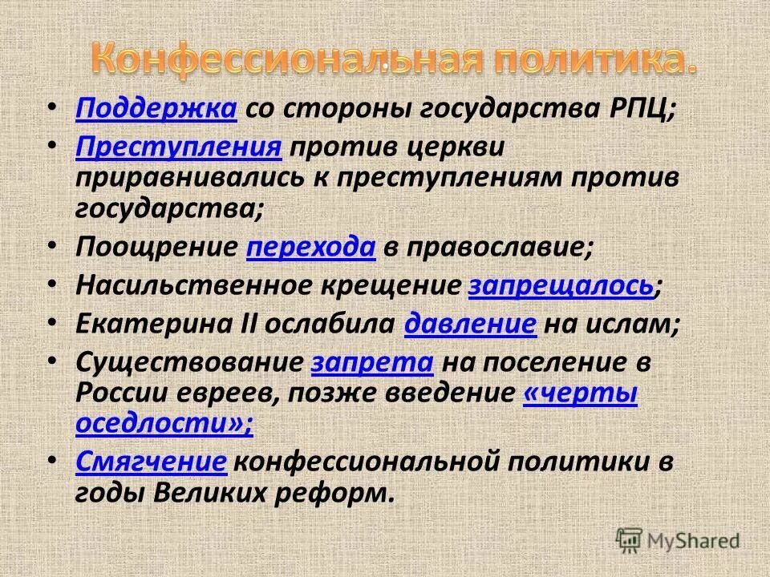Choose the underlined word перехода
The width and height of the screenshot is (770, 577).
[311, 248]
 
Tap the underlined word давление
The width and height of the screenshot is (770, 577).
[471, 324]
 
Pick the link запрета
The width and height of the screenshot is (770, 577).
[372, 361]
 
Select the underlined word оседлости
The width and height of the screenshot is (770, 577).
[157, 424]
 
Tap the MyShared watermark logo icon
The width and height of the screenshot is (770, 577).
[629, 539]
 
